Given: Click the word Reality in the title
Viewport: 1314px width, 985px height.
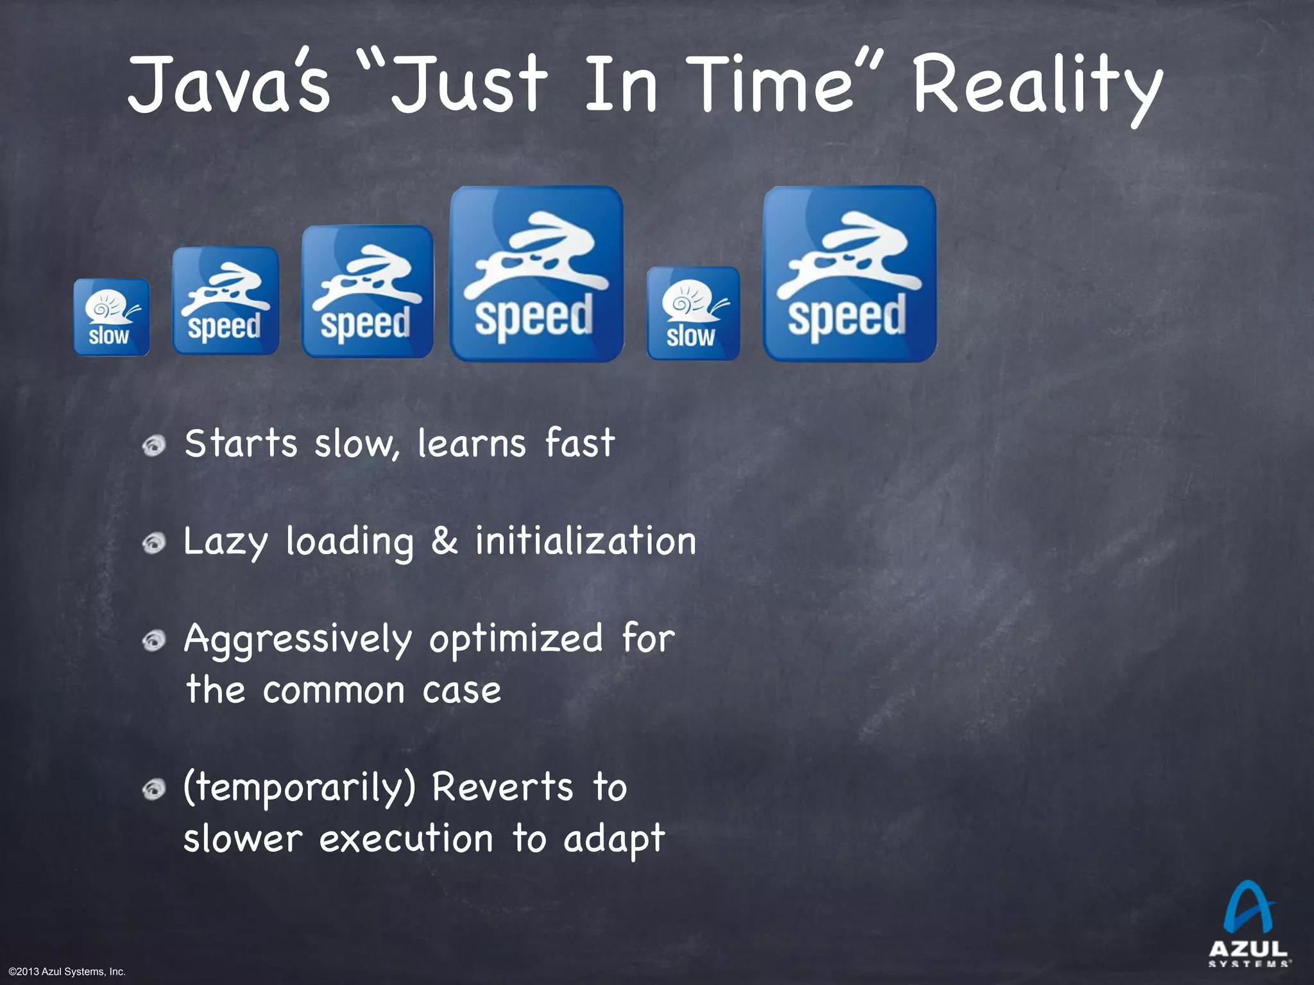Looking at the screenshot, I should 1036,87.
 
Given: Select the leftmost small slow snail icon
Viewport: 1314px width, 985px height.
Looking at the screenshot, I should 111,317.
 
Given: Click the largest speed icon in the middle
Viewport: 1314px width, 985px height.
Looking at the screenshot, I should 536,274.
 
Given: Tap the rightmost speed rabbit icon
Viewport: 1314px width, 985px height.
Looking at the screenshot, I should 849,274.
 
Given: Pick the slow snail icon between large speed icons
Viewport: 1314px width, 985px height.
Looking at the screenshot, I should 693,314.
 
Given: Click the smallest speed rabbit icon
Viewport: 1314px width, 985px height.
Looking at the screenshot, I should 225,301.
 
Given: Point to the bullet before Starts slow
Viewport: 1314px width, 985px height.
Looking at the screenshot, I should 154,445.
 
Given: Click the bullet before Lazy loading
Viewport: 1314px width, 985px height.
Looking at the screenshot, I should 154,543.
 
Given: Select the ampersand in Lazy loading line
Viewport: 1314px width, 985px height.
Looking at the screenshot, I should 444,541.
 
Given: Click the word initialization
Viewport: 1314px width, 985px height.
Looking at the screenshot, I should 585,541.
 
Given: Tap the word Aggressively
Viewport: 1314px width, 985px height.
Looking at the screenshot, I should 298,640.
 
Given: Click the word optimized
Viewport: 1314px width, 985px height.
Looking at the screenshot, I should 516,639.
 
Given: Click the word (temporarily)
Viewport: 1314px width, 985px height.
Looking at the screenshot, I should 300,788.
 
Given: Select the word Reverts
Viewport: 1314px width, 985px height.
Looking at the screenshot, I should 502,787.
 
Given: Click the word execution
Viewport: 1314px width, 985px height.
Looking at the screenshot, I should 406,839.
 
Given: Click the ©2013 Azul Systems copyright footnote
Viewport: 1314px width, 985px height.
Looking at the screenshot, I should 67,972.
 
